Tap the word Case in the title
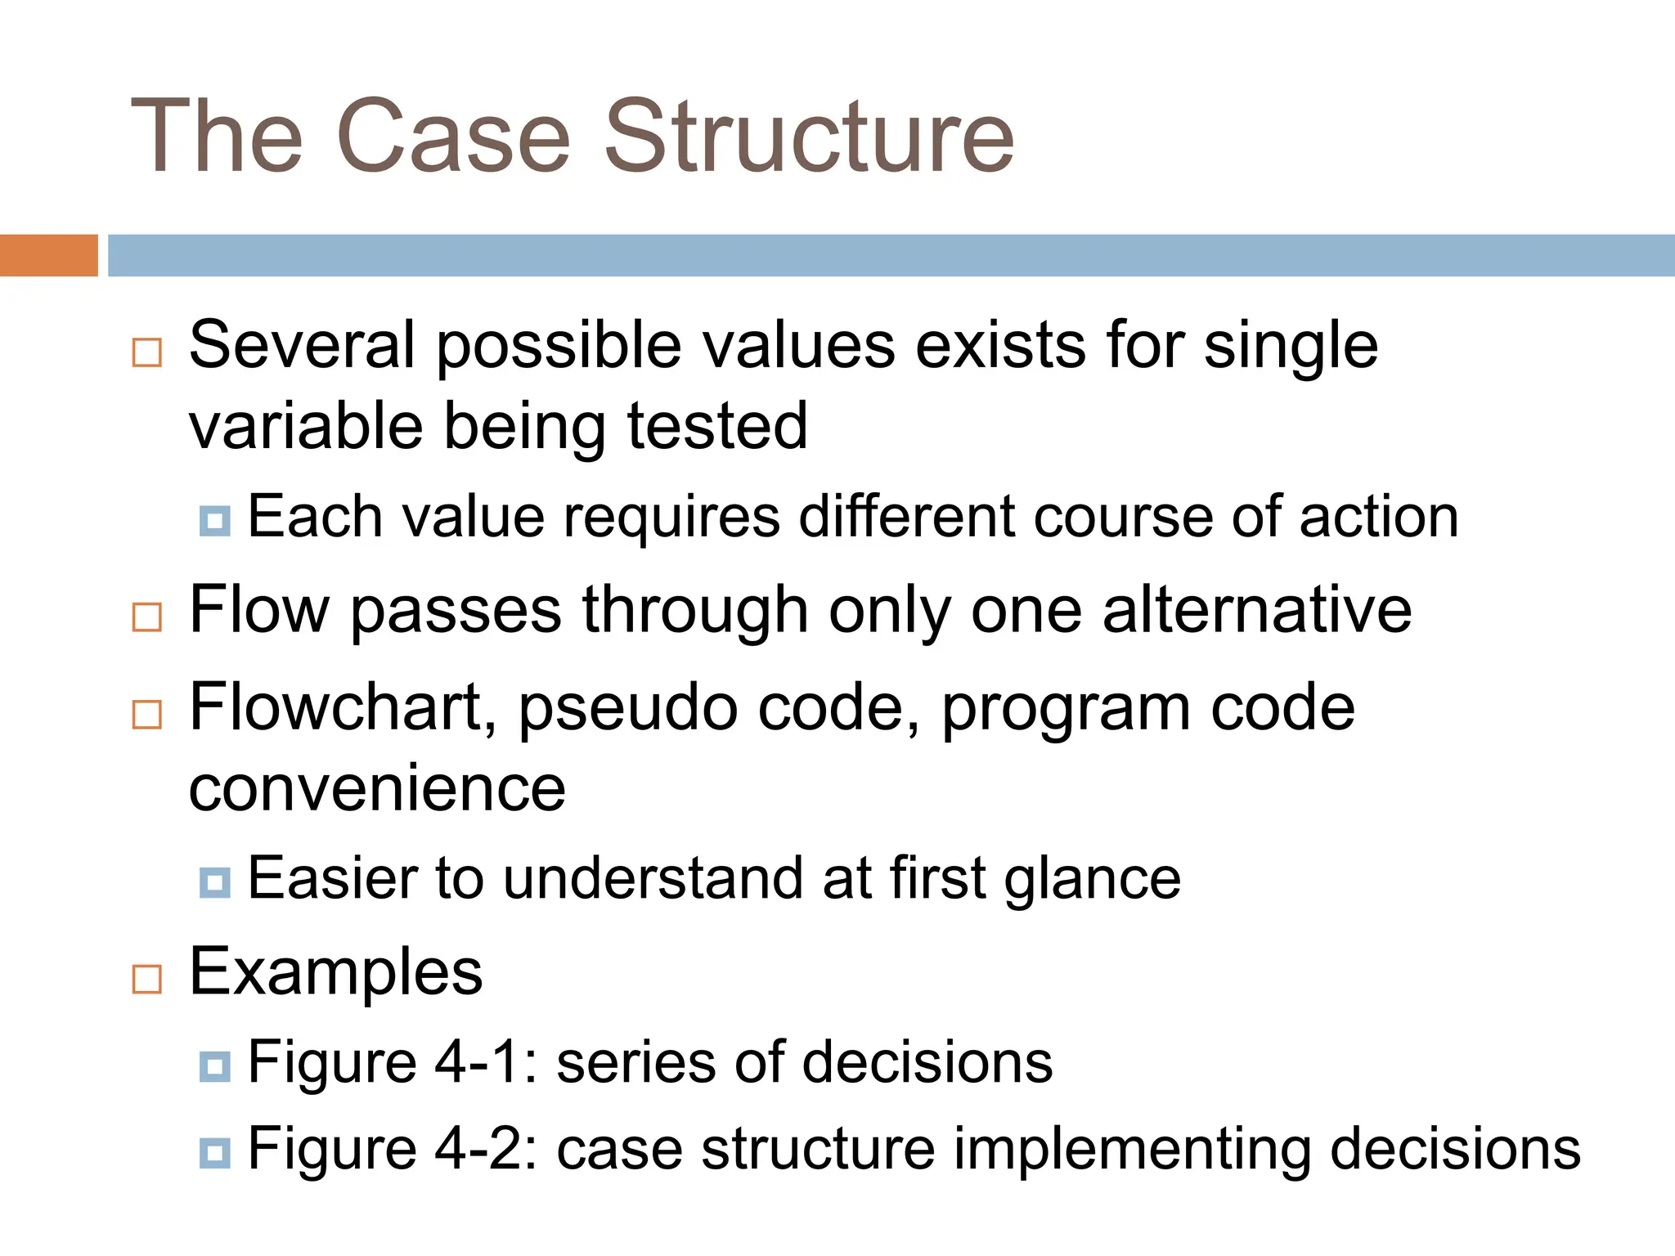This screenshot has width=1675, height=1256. pyautogui.click(x=452, y=137)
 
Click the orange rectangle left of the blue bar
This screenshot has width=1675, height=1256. pyautogui.click(x=48, y=255)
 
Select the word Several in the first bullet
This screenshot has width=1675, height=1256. pyautogui.click(x=302, y=344)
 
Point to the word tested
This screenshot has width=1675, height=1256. pyautogui.click(x=717, y=426)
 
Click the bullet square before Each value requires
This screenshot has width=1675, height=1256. pyautogui.click(x=215, y=520)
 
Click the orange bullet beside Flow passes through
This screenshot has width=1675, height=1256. pyautogui.click(x=147, y=617)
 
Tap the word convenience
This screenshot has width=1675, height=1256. pyautogui.click(x=377, y=788)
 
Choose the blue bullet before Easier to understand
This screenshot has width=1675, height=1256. pyautogui.click(x=215, y=882)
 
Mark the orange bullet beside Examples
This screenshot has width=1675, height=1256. pyautogui.click(x=147, y=979)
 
